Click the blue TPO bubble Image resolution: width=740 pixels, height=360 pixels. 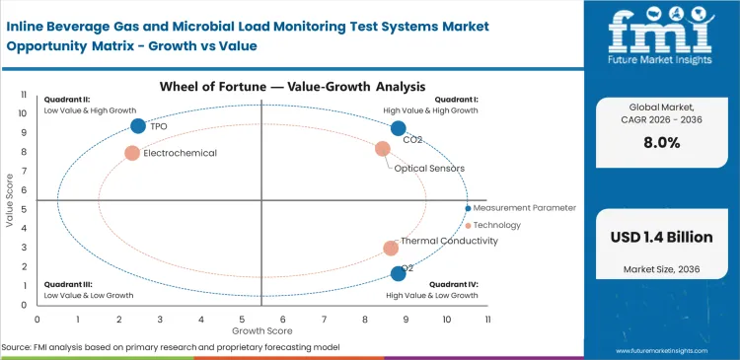tap(138, 126)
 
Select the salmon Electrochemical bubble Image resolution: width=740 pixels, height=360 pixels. tap(132, 153)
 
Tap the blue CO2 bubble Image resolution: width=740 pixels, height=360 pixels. tap(398, 128)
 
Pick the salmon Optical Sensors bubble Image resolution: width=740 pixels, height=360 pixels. tap(383, 149)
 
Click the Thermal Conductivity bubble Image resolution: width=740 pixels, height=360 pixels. tap(391, 249)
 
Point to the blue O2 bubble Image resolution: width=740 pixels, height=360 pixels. tap(398, 273)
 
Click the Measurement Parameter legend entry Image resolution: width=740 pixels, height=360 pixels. tap(524, 208)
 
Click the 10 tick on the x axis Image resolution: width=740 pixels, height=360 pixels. tap(446, 319)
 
